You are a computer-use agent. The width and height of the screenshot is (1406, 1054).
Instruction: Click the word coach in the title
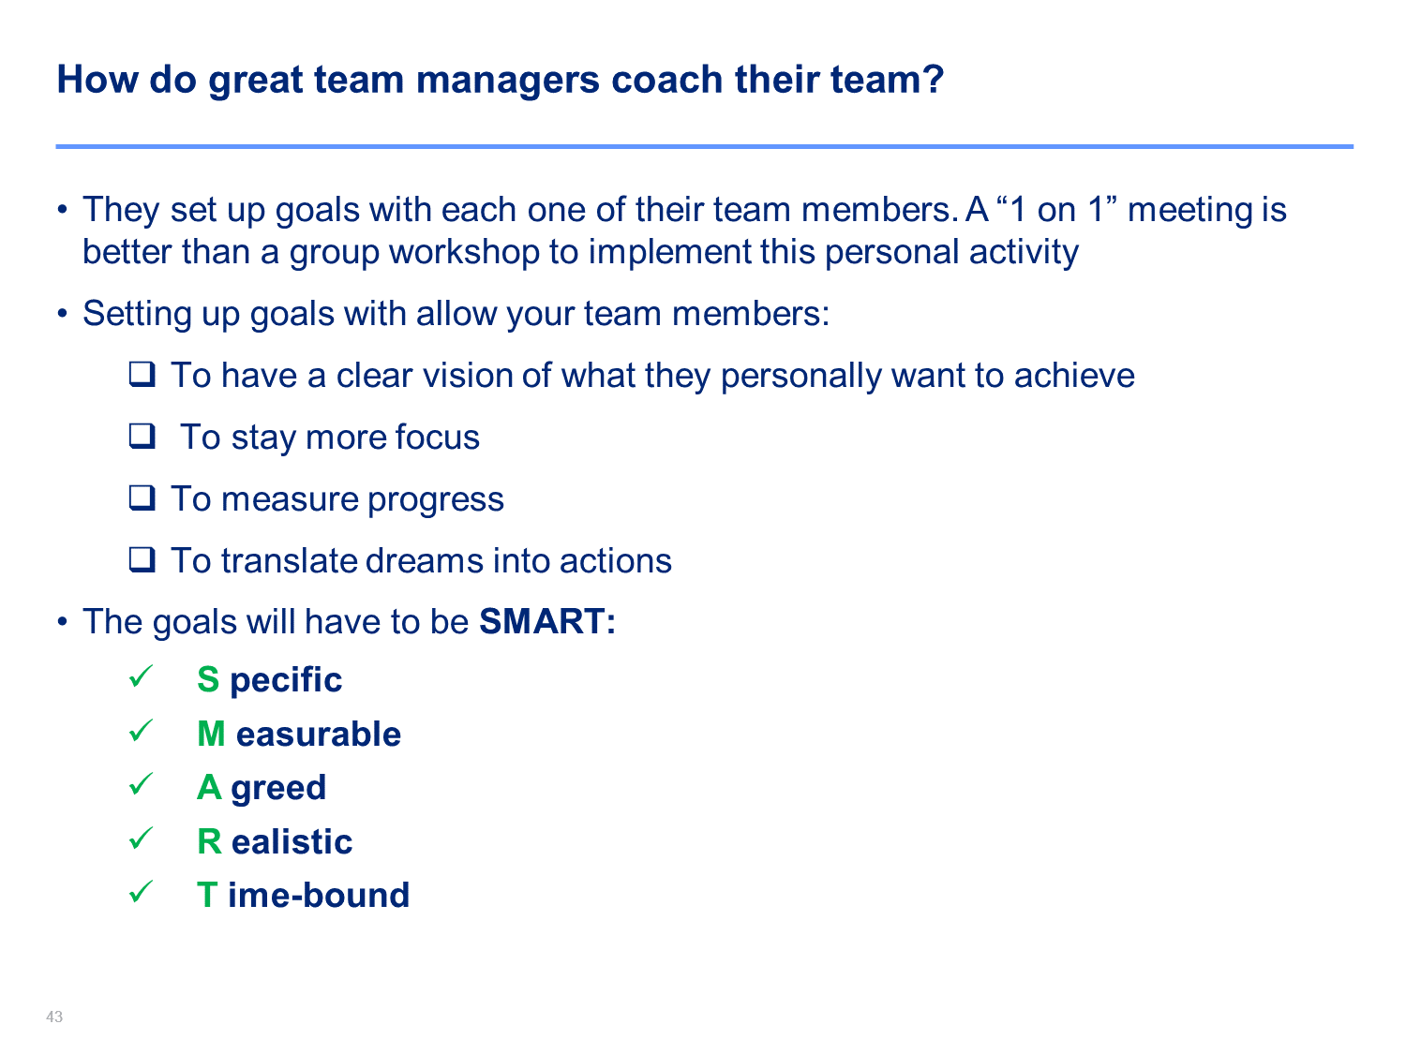coord(666,80)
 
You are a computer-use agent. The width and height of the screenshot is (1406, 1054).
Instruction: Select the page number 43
coord(54,1017)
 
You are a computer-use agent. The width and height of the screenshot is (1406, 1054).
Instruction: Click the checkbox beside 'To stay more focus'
coord(142,436)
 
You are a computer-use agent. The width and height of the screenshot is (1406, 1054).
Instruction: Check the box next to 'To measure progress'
coord(142,497)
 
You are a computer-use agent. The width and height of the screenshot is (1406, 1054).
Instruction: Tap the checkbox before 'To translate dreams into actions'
coord(142,559)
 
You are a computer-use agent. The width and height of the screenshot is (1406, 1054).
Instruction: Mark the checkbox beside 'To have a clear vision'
coord(142,374)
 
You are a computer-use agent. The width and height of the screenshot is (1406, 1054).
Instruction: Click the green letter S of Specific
coord(208,679)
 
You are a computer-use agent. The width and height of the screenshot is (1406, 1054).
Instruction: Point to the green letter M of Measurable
coord(212,734)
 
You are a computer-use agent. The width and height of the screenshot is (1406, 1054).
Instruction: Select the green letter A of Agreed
coord(209,787)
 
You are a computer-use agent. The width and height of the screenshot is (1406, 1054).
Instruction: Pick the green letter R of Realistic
coord(209,841)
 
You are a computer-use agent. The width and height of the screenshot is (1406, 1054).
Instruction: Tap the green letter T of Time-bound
coord(207,895)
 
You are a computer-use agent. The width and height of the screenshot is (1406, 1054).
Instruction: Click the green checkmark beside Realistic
coord(141,838)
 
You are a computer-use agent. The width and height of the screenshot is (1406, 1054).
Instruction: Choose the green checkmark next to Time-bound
coord(141,892)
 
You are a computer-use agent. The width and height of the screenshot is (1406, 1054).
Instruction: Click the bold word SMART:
coord(547,621)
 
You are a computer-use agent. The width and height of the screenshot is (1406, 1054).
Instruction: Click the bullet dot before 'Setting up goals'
coord(62,314)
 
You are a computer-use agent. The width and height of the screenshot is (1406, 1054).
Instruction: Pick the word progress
coord(436,499)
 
